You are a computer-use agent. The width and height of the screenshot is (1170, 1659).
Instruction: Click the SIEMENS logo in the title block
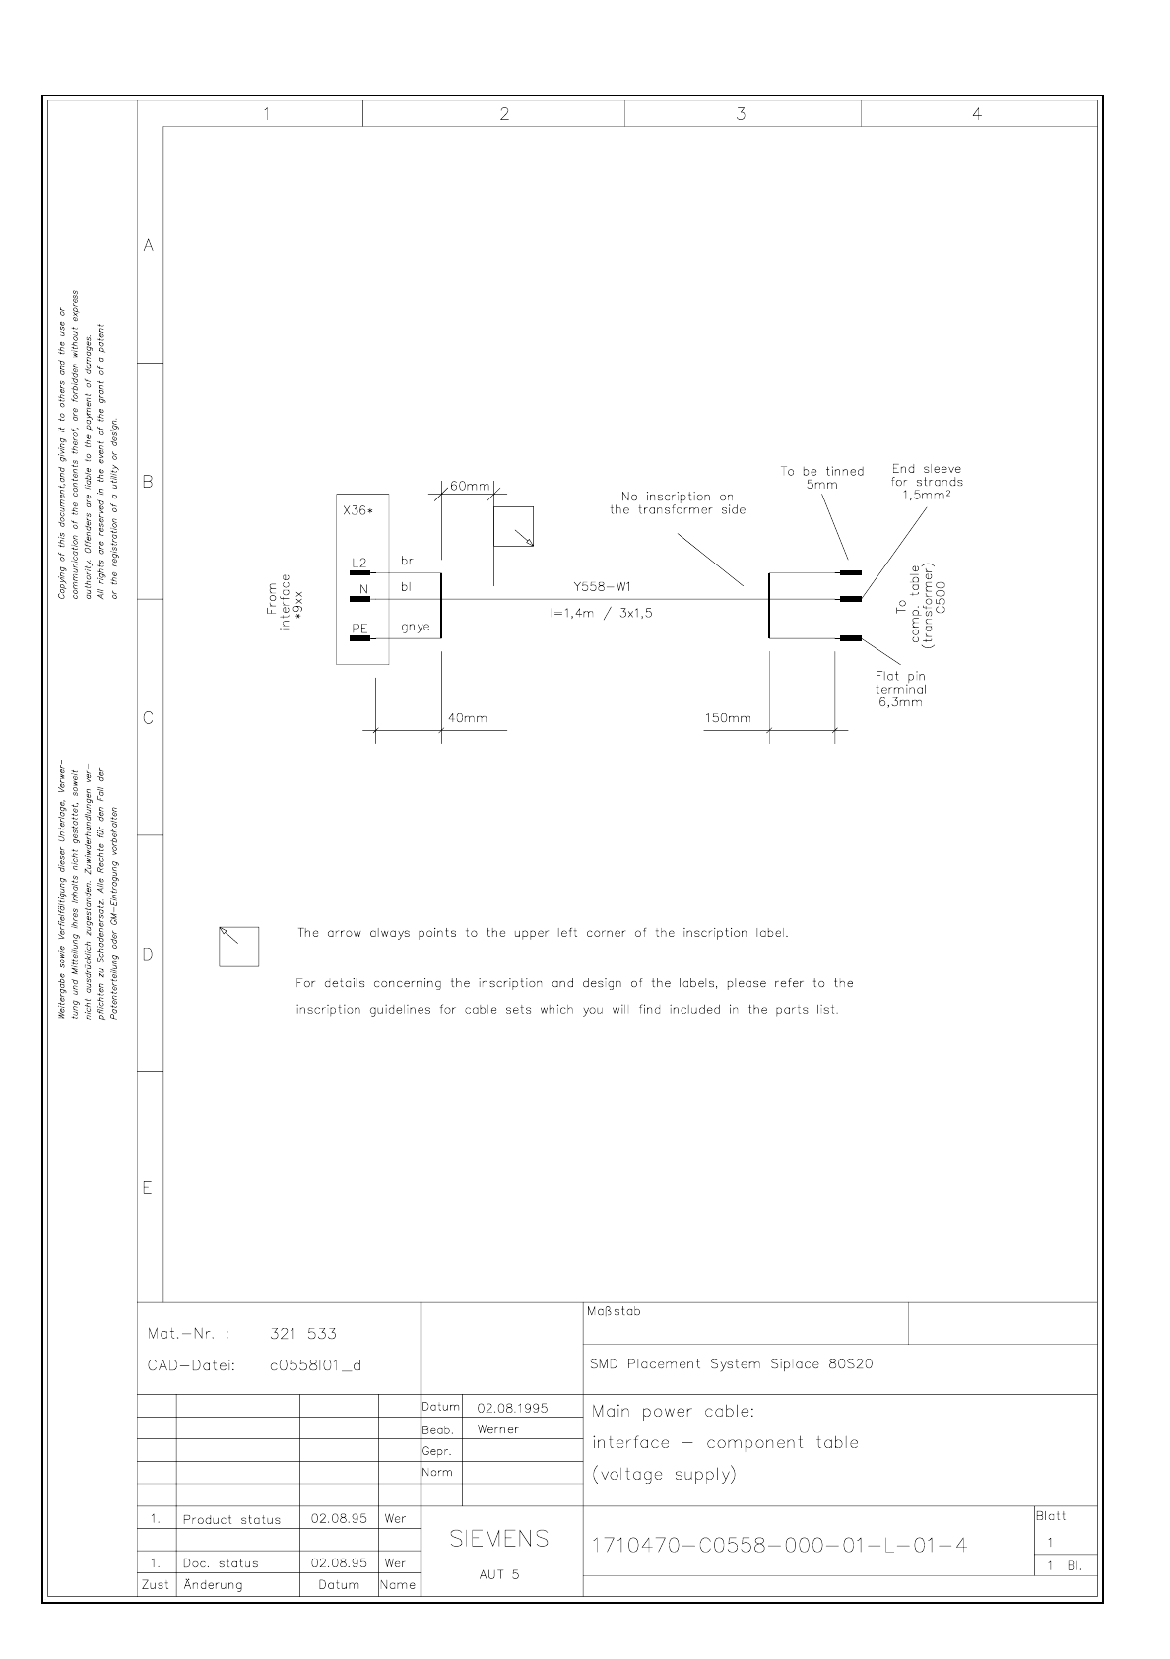[498, 1539]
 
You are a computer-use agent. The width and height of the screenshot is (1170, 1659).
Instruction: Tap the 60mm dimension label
[470, 487]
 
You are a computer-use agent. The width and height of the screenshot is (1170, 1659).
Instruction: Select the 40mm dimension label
[467, 718]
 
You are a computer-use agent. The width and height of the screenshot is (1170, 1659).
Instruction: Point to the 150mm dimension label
[727, 718]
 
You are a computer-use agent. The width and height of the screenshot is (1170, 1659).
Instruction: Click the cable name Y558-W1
[602, 587]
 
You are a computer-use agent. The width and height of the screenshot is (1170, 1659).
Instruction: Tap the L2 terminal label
[359, 563]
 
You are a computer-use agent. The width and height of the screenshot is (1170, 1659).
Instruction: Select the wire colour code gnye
[415, 627]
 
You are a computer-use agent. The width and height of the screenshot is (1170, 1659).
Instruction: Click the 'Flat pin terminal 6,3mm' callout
[900, 690]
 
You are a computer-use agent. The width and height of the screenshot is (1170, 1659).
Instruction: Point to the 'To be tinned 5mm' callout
[821, 478]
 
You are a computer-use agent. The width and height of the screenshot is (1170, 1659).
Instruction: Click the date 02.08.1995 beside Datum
[512, 1408]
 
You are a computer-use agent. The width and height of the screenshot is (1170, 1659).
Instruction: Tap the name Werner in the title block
[497, 1429]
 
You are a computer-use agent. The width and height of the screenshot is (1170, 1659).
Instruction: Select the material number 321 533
[303, 1334]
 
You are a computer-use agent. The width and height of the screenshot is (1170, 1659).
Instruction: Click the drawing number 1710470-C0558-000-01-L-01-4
[778, 1546]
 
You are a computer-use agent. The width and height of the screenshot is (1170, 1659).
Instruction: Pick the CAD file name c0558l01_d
[315, 1365]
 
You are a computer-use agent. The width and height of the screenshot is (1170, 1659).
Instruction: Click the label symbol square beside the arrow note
[238, 947]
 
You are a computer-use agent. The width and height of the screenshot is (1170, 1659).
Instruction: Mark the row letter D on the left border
[149, 954]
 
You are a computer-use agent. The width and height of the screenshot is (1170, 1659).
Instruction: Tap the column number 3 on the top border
[742, 114]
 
